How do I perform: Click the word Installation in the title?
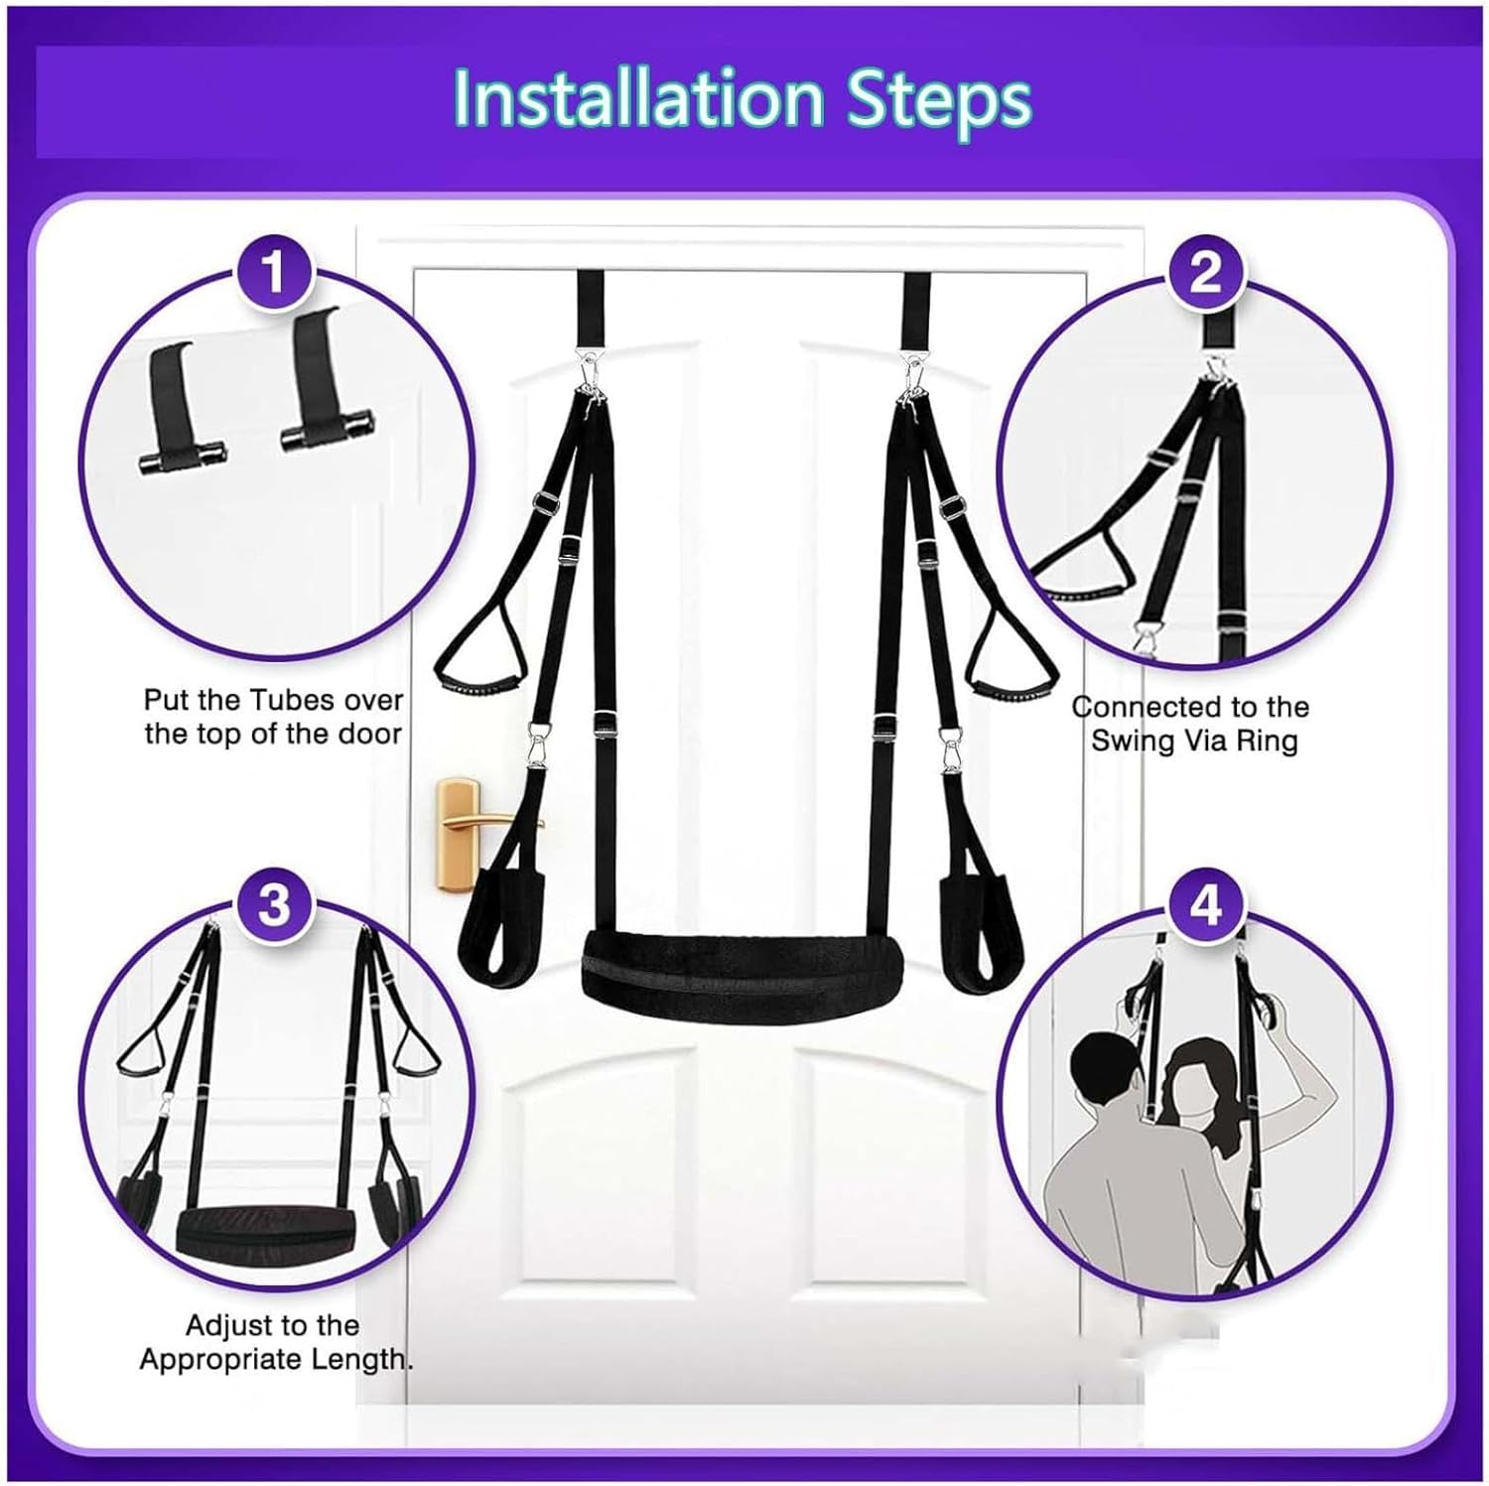pyautogui.click(x=637, y=99)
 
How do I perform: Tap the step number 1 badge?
pyautogui.click(x=273, y=271)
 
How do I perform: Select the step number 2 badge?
pyautogui.click(x=1205, y=271)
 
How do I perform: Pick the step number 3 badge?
pyautogui.click(x=273, y=904)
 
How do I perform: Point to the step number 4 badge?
pyautogui.click(x=1205, y=904)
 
